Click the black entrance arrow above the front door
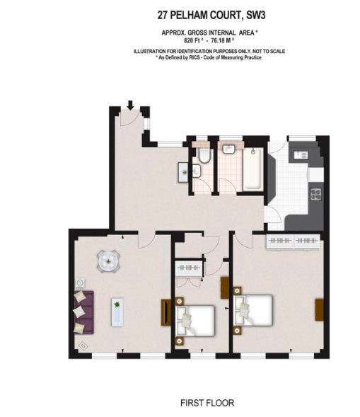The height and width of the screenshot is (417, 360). (x=130, y=105)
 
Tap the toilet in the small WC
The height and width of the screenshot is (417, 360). (x=204, y=155)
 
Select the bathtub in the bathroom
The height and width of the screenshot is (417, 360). (x=253, y=169)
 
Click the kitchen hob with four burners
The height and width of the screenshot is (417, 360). (x=316, y=194)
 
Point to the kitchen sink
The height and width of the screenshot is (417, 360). (x=301, y=155)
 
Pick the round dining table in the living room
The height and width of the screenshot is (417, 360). (x=108, y=261)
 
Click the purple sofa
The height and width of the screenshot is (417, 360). (x=84, y=312)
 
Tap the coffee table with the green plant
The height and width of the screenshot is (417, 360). (x=117, y=312)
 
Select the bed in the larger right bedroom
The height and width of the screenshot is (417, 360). (x=253, y=310)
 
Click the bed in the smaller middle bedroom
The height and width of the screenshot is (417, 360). (x=195, y=321)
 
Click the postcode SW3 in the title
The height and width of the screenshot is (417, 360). (x=256, y=15)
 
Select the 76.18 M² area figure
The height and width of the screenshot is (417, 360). (x=222, y=40)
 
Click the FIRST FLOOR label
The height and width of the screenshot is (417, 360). (x=207, y=403)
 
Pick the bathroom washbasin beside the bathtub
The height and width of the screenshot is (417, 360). (x=228, y=149)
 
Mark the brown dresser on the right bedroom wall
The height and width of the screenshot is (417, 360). (x=320, y=310)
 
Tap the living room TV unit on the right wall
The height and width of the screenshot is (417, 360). (x=166, y=312)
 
